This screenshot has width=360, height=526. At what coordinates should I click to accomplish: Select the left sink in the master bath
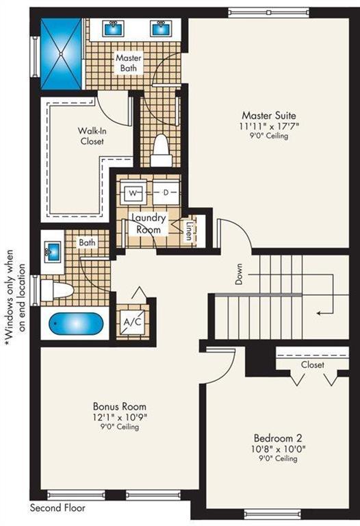pos(113,28)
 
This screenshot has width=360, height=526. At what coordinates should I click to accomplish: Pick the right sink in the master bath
pos(160,28)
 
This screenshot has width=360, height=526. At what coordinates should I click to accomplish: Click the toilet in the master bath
pos(161,150)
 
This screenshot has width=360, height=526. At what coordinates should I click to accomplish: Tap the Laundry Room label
pos(149,223)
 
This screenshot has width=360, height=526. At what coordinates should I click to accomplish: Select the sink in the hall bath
pos(52,251)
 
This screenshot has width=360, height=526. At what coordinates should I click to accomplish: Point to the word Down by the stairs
pos(239,274)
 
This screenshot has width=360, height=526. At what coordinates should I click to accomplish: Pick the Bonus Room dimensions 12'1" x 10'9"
pos(119,417)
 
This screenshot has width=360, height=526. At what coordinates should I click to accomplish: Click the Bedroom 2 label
pos(278,438)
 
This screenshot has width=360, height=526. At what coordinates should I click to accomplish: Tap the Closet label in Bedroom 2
pos(312,365)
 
